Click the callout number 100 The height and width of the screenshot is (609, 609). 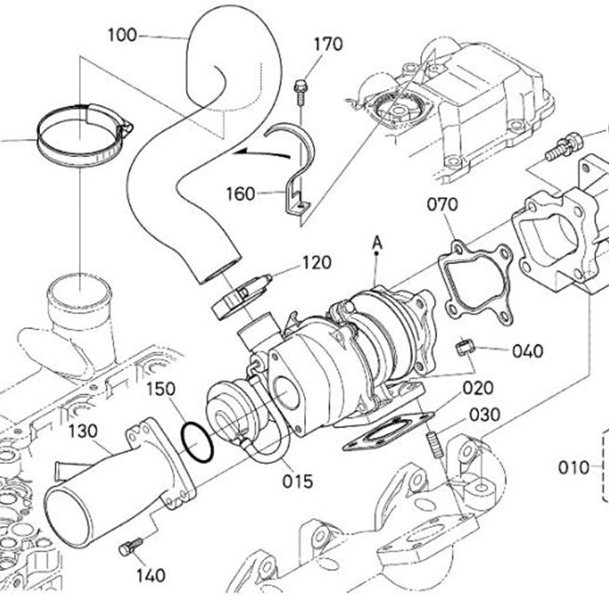[x=123, y=35]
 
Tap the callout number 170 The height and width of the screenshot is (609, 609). [x=328, y=45]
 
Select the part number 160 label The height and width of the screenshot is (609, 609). [x=241, y=193]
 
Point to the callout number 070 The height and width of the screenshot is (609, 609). [x=443, y=205]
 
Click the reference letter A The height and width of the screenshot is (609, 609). [x=377, y=243]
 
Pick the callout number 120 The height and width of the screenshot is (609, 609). [x=317, y=262]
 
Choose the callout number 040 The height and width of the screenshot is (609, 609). [x=528, y=351]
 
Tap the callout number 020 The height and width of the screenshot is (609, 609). [x=478, y=388]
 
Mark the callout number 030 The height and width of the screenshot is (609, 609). [x=484, y=415]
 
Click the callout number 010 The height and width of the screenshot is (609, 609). [x=574, y=468]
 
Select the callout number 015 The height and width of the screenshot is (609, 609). [x=298, y=482]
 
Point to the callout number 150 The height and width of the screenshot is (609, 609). [x=161, y=389]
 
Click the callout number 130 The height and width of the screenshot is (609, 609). [x=83, y=431]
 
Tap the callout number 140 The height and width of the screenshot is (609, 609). [x=151, y=576]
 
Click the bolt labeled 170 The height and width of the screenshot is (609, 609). [x=300, y=92]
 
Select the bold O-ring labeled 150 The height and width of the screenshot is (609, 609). [x=197, y=444]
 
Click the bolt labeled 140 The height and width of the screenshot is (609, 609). [x=131, y=547]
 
